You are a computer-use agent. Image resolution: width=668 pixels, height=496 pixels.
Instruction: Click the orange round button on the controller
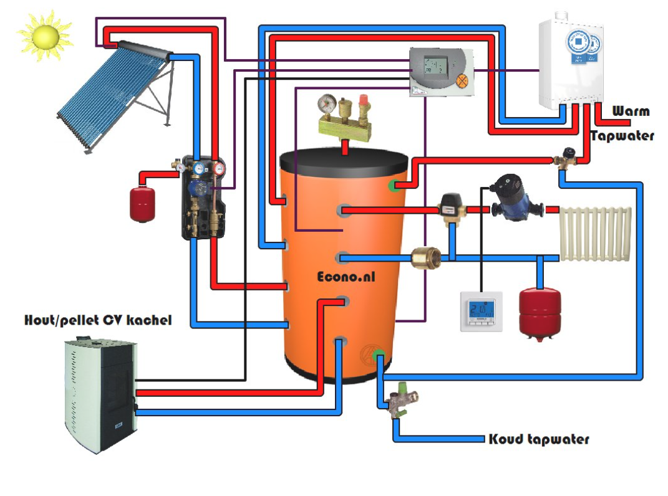click(462, 80)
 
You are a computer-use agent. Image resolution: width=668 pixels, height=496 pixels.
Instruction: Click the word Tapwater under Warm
click(622, 136)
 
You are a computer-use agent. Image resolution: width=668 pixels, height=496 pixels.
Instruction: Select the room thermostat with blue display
click(481, 311)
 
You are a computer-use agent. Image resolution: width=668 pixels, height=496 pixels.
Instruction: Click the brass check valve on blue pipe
click(427, 257)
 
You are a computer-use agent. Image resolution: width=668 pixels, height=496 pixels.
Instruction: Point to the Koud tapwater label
click(538, 439)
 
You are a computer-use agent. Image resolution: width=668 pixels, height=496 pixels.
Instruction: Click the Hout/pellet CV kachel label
click(98, 320)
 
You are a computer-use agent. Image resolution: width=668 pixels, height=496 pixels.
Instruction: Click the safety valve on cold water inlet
click(400, 404)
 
